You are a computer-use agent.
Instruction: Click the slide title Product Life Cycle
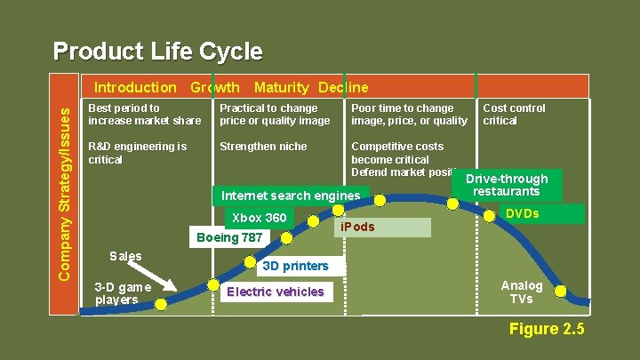coord(157,52)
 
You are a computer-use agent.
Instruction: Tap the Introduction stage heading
coord(135,87)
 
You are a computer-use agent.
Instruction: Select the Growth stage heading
coord(214,87)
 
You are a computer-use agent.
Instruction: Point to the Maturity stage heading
coord(281,87)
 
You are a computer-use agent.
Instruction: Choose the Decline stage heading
coord(342,87)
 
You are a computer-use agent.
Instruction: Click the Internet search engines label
coord(291,196)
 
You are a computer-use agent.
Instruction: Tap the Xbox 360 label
coord(259,218)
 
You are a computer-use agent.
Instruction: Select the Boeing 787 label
coord(229,237)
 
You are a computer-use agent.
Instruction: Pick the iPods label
coord(358,227)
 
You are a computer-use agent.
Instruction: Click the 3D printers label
coord(294,266)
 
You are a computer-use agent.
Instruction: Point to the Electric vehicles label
coord(276,292)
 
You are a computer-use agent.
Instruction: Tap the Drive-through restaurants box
coord(506,185)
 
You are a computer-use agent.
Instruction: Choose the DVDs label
coord(522,214)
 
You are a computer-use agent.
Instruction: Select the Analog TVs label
coord(522,292)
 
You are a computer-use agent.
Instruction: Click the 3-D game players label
coord(123,292)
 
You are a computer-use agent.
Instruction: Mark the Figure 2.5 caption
coord(547,330)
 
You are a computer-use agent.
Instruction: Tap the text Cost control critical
coord(514,114)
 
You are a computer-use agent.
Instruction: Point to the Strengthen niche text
coord(263,146)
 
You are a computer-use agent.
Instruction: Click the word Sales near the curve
coord(125,256)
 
